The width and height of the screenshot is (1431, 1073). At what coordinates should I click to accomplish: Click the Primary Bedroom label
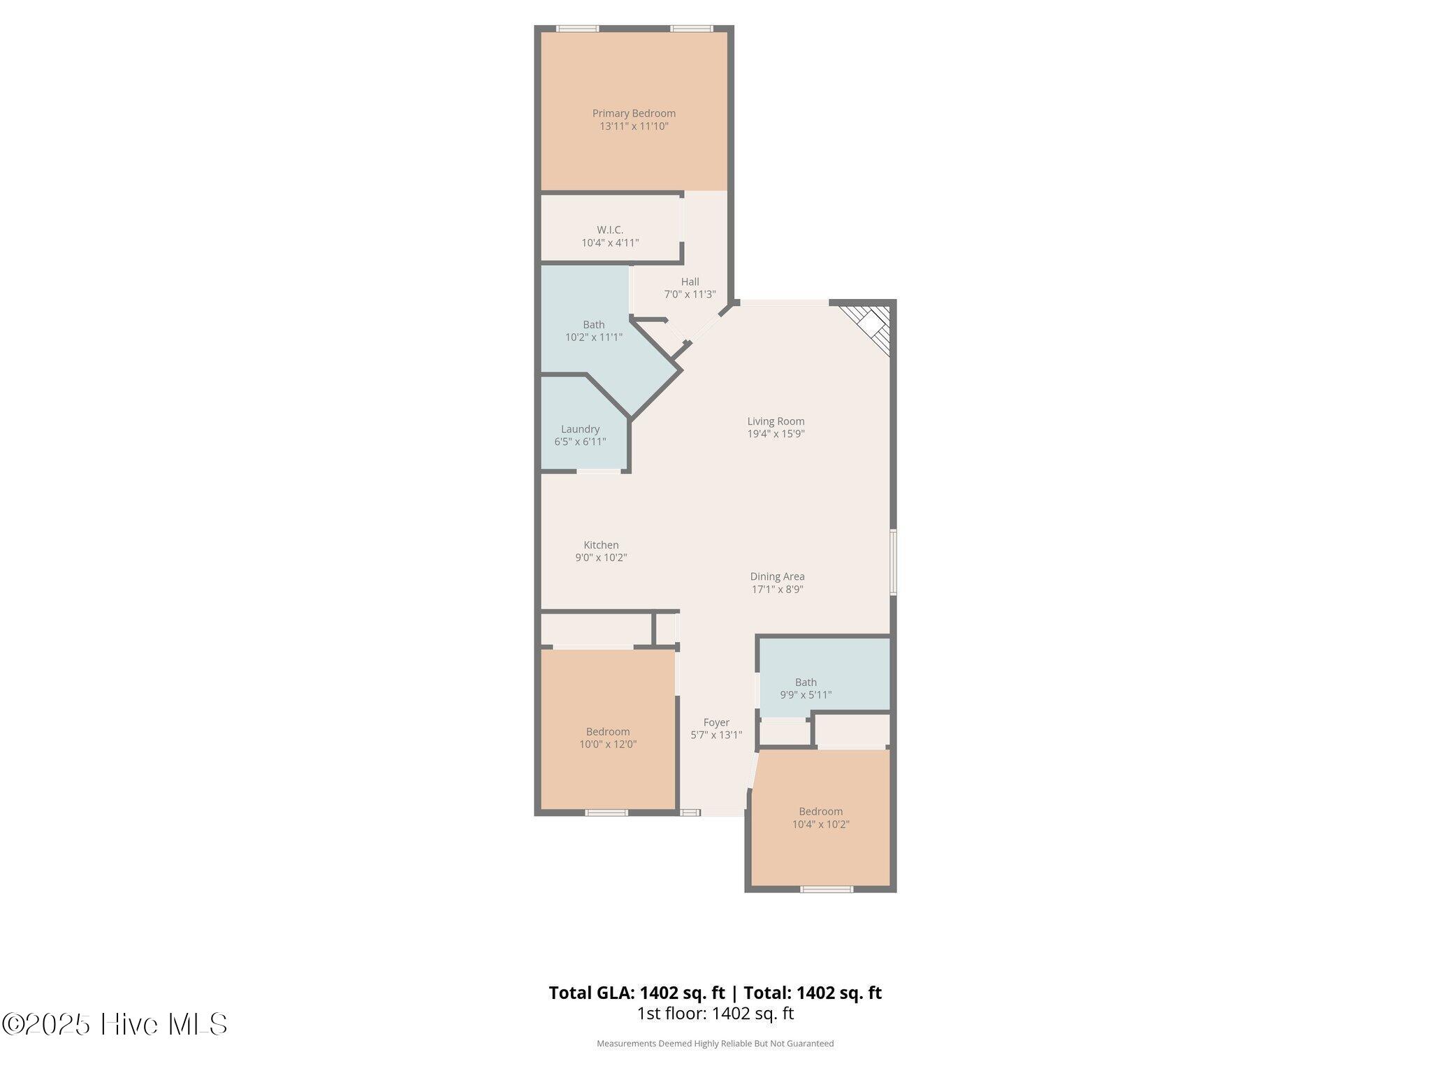(634, 113)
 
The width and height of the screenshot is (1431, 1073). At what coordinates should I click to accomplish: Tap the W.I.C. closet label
(610, 230)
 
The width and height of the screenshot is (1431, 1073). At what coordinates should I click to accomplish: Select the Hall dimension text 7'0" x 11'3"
(690, 295)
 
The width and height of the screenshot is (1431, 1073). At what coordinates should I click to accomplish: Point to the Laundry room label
(580, 429)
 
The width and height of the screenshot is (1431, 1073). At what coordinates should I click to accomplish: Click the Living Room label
(776, 421)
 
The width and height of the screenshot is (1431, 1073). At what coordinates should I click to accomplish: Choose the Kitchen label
(601, 545)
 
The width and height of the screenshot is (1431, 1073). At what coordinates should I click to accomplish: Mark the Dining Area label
(777, 576)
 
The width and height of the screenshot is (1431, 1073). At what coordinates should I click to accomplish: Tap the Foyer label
(716, 722)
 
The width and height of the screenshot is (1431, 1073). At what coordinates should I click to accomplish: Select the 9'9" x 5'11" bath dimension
(806, 695)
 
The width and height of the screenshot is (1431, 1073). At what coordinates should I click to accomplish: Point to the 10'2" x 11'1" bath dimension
(594, 337)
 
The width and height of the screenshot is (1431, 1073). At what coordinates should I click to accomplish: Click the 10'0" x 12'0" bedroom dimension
(608, 745)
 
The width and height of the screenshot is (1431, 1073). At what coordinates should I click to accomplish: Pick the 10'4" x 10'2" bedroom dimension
(820, 824)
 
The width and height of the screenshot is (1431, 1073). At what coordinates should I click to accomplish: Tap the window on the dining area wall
(893, 562)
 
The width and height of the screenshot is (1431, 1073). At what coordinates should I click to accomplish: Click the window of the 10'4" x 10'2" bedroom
(827, 889)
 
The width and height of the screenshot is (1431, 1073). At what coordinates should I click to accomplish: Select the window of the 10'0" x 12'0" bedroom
(606, 812)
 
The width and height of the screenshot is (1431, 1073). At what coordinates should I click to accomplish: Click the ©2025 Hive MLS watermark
(115, 1025)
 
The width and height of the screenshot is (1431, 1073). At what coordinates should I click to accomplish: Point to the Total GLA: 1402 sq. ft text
(637, 993)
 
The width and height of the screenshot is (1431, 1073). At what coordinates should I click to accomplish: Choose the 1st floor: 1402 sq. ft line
(715, 1014)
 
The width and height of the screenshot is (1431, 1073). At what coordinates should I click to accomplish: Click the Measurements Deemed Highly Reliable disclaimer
(715, 1044)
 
